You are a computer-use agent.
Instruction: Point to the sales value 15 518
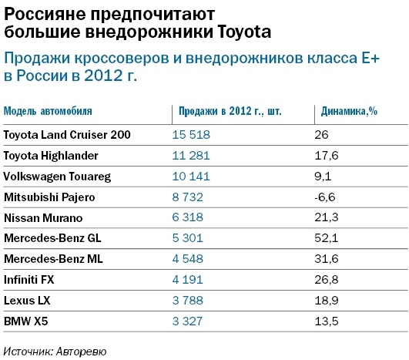(191, 135)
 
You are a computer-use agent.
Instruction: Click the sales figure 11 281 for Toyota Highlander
(191, 156)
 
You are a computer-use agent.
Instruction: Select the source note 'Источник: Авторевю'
(54, 351)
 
